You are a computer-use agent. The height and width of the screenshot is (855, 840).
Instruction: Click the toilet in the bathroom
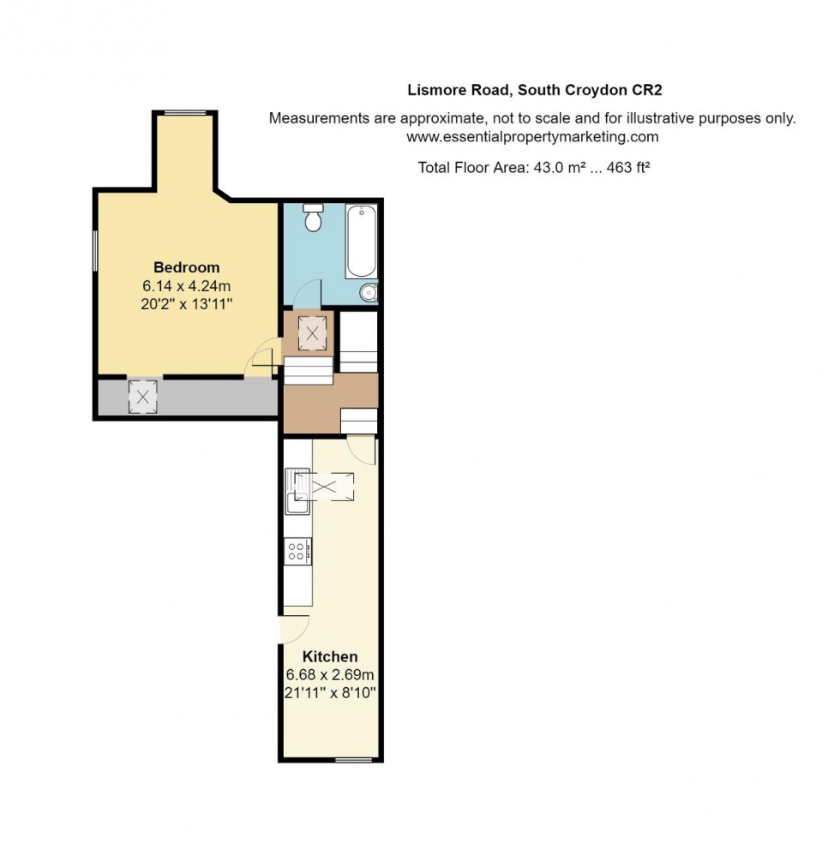pyautogui.click(x=314, y=219)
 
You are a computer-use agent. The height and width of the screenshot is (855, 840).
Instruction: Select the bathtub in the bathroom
pyautogui.click(x=361, y=240)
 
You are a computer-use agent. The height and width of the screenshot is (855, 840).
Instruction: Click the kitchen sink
pyautogui.click(x=297, y=491)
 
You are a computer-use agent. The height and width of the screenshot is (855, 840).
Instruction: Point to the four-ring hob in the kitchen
pyautogui.click(x=298, y=551)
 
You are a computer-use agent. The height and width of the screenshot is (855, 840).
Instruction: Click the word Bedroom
pyautogui.click(x=186, y=267)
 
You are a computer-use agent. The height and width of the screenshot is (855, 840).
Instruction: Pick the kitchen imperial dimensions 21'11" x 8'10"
pyautogui.click(x=330, y=691)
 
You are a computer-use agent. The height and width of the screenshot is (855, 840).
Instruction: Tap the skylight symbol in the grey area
pyautogui.click(x=142, y=396)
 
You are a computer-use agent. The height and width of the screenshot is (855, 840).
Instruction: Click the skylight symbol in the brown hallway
pyautogui.click(x=312, y=334)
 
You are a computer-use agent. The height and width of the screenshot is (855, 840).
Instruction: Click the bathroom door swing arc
pyautogui.click(x=306, y=296)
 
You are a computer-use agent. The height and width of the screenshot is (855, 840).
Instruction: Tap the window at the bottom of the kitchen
pyautogui.click(x=353, y=760)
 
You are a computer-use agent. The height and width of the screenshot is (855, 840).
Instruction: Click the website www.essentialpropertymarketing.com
pyautogui.click(x=531, y=136)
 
